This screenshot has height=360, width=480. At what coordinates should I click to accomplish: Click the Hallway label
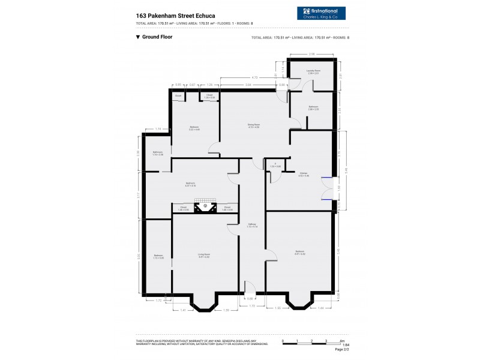pos(252,226)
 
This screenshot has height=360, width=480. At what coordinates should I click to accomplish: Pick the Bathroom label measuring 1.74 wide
pos(158,154)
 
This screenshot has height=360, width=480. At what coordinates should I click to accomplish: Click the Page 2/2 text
pos(342,349)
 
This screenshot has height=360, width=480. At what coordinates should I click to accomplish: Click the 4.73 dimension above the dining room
pos(254,77)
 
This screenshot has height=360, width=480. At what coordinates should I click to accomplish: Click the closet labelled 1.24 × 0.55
pos(209,96)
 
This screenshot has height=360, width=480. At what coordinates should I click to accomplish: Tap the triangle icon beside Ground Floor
pos(138,37)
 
